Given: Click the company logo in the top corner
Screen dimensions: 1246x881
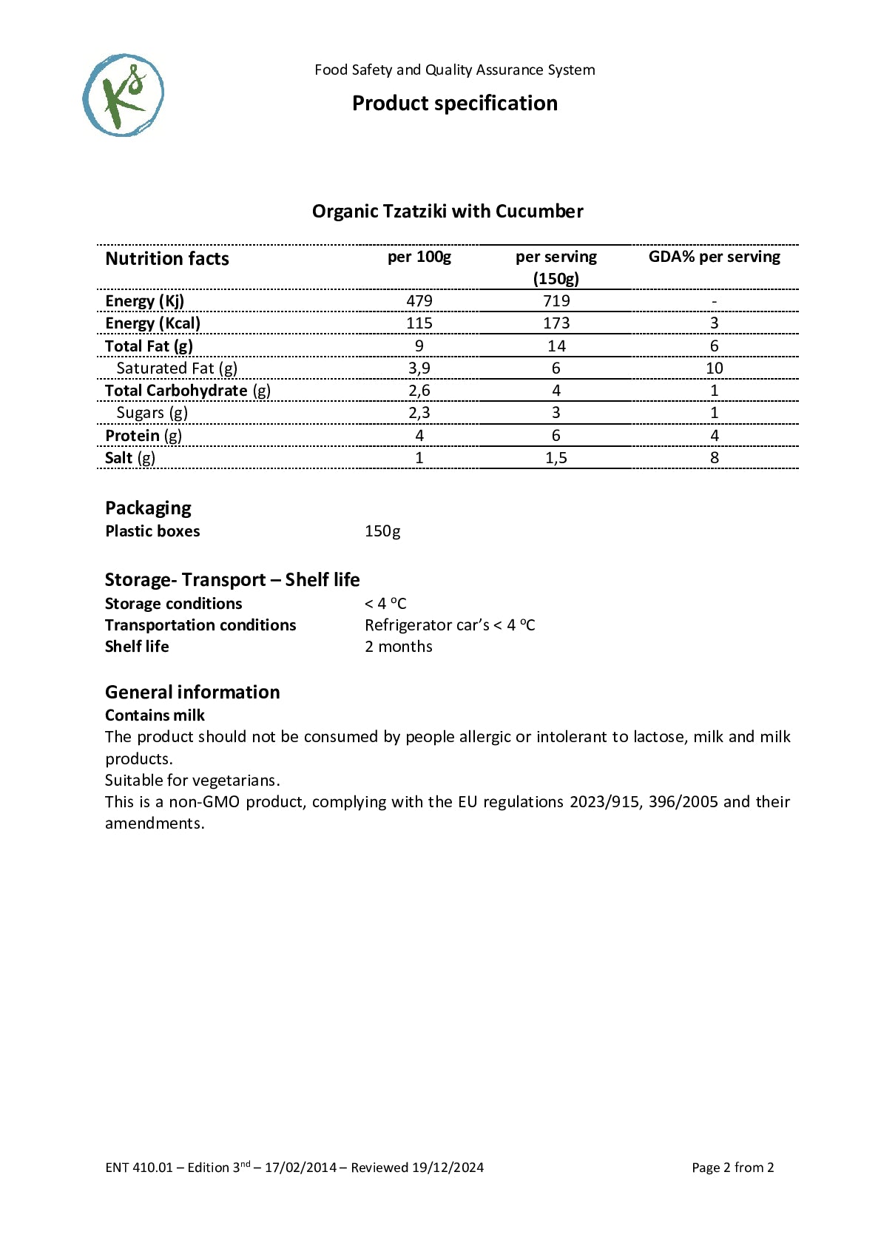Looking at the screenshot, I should (123, 95).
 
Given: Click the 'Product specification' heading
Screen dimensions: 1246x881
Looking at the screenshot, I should (454, 103).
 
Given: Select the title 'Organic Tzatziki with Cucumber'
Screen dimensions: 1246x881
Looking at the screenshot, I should (447, 212).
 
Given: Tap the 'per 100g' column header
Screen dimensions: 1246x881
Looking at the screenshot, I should (419, 257).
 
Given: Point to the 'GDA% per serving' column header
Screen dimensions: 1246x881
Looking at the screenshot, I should (714, 257).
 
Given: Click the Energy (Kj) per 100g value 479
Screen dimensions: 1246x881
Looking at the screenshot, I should (419, 301).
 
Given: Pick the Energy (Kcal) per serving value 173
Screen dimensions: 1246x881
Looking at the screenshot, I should (556, 323).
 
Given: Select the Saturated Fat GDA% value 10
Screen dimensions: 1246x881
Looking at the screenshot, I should (714, 368).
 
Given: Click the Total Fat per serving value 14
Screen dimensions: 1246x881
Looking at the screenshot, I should (556, 346).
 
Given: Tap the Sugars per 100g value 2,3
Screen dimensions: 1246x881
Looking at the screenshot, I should (419, 413).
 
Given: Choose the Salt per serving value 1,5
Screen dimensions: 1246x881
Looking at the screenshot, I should (556, 458).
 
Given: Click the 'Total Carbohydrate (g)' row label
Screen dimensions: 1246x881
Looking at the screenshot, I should (187, 391).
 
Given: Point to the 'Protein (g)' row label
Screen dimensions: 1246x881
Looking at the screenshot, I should (143, 436).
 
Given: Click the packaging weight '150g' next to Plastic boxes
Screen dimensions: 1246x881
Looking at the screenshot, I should (382, 531).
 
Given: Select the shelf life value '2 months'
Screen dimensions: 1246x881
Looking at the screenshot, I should (398, 647).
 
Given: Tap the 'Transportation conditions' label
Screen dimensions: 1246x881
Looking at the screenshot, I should (200, 625).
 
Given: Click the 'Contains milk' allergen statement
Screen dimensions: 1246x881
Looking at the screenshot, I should (155, 715).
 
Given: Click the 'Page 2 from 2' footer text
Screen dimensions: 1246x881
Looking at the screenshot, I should (732, 1168).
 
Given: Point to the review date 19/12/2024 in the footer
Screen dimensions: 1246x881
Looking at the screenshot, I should (448, 1168).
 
